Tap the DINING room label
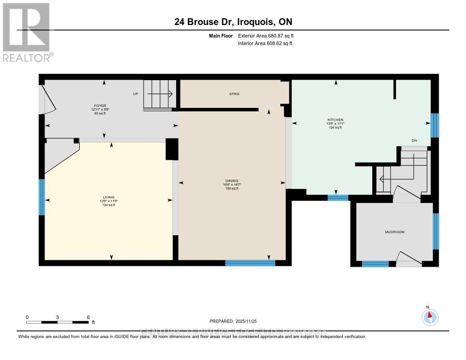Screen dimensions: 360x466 tap(232, 180)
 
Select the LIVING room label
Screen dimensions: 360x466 tap(109, 197)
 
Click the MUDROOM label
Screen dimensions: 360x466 tap(395, 232)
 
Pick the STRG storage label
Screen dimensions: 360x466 tap(234, 94)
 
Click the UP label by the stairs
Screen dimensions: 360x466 tap(135, 94)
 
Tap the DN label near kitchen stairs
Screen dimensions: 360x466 tap(414, 141)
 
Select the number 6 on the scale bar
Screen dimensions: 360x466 tap(88, 317)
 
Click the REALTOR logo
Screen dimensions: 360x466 tap(27, 32)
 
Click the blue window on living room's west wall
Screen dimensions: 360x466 tap(42, 197)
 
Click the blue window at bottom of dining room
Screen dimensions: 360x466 tap(250, 263)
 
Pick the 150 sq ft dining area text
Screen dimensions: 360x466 tap(232, 188)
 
